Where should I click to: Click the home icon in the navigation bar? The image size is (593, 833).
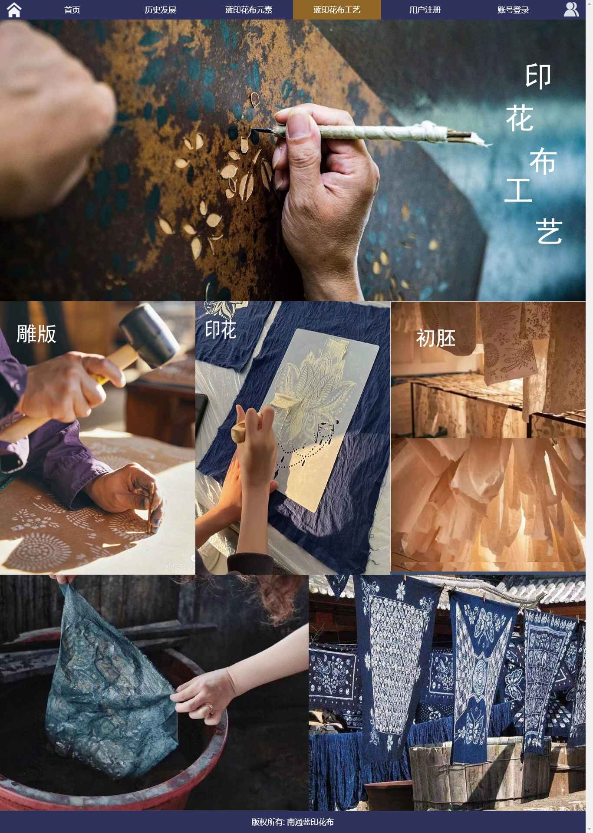click(x=14, y=10)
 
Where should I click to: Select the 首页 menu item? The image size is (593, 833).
click(x=72, y=10)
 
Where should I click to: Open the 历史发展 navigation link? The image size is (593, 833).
click(x=160, y=10)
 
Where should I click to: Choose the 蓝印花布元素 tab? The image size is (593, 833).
click(x=248, y=10)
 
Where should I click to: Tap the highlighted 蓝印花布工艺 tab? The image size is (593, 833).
click(x=337, y=10)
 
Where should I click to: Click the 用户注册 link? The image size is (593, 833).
click(x=425, y=10)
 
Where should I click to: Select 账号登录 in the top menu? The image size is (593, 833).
click(x=513, y=10)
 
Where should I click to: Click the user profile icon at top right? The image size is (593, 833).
click(x=571, y=9)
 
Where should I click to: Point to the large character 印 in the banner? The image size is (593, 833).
click(x=538, y=76)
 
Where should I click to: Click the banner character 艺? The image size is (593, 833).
click(x=550, y=231)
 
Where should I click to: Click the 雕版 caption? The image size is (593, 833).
click(x=36, y=334)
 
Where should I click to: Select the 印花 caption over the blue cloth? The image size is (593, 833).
click(x=221, y=330)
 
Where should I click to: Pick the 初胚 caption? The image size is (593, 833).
click(x=436, y=338)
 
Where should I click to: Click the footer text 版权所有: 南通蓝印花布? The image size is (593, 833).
click(x=293, y=822)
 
